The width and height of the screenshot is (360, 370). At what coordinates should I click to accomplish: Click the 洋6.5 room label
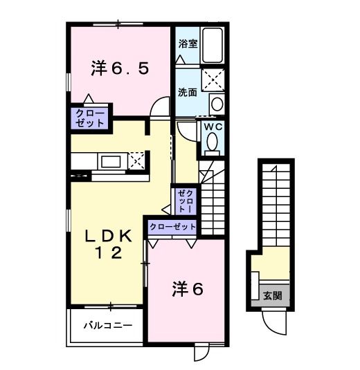[119, 68]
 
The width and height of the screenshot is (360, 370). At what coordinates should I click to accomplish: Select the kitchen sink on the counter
[111, 162]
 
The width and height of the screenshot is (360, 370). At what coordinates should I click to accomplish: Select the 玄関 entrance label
[272, 295]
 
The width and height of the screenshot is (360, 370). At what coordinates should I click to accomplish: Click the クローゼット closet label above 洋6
[172, 226]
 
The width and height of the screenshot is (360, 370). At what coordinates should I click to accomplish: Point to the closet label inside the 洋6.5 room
[88, 117]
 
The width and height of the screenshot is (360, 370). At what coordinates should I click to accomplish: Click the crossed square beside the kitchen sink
[136, 160]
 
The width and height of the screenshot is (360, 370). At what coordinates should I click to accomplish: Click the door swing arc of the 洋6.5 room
[160, 108]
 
